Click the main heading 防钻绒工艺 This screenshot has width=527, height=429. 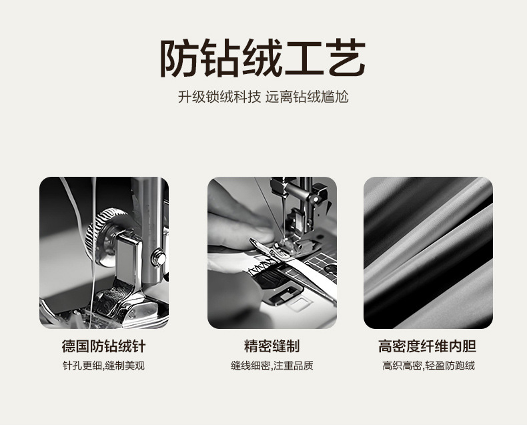262,58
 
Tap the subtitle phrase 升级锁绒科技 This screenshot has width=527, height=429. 219,97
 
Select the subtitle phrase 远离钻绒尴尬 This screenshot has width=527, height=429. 307,97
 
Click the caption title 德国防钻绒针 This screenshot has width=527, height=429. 103,346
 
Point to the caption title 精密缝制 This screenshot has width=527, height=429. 272,346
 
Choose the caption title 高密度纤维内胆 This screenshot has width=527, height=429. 427,346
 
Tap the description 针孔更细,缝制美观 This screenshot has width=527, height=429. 103,366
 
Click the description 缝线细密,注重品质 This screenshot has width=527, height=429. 272,366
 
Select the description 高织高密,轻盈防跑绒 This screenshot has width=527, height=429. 428,366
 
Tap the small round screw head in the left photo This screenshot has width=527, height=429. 158,258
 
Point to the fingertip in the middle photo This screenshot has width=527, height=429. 262,234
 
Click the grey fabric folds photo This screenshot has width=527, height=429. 428,252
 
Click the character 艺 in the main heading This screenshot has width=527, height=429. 346,58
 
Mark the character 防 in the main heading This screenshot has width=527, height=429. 179,58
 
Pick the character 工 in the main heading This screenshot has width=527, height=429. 304,59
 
